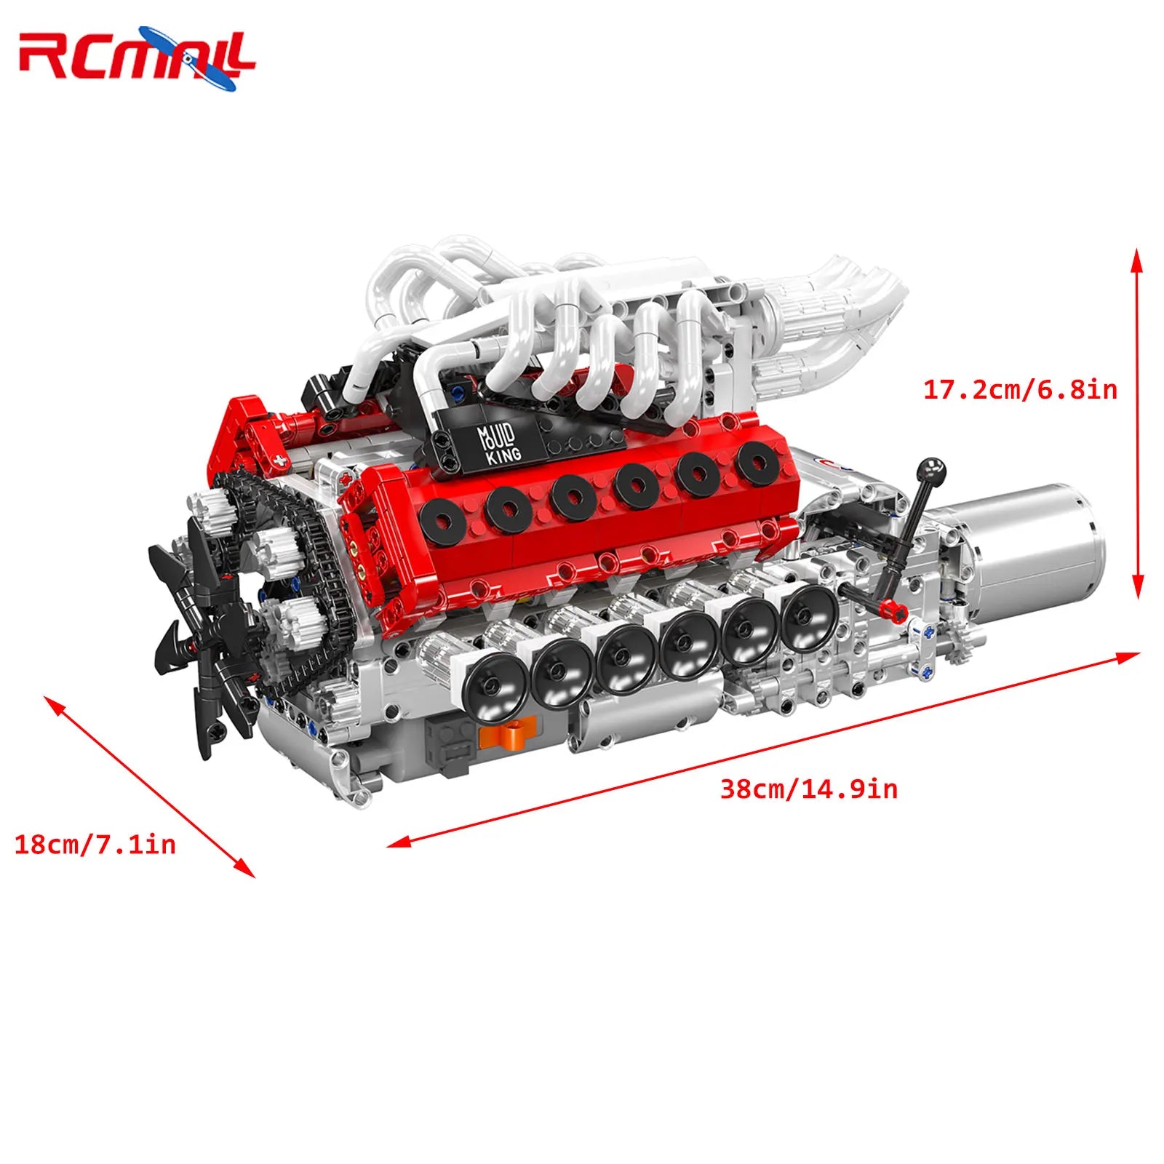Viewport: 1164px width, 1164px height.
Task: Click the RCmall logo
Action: click(x=137, y=57)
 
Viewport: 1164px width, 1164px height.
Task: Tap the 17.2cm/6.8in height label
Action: click(x=1020, y=390)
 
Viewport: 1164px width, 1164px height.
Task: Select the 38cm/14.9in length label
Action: click(x=808, y=789)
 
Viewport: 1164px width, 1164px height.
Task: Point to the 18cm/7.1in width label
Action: click(x=95, y=845)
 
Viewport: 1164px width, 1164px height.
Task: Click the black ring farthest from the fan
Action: click(x=757, y=463)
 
